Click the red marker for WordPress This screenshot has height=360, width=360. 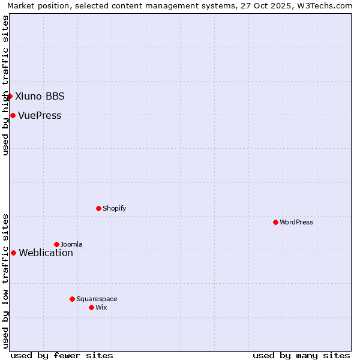coord(275,222)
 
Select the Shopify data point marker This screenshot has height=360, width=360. coord(98,208)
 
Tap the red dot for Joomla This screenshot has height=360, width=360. coord(56,244)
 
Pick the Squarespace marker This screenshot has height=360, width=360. coord(72,299)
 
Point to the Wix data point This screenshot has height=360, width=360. coord(91,307)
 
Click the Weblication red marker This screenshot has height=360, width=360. coord(13,253)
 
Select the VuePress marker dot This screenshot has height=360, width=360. coord(13,115)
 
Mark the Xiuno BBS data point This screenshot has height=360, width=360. coord(10,96)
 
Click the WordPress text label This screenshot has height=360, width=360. coord(296,222)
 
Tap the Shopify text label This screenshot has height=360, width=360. coord(114,208)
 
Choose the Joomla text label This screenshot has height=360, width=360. coord(71,244)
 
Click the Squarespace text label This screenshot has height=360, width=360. coord(97,299)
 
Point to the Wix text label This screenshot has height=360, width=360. coord(101,307)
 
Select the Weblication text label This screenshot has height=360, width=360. coord(46,253)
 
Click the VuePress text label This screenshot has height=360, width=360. coord(40,115)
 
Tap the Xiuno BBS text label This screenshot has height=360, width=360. coord(40,96)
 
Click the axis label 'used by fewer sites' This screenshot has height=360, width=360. coord(62,355)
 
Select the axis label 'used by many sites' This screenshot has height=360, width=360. coord(301,355)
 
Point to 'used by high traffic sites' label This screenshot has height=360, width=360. coord(5,85)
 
